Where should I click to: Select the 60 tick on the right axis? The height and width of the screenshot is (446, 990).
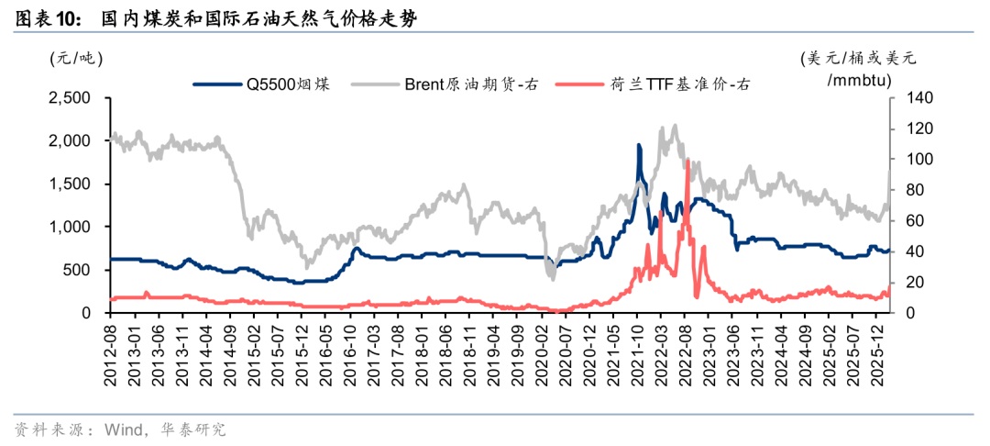coord(907,221)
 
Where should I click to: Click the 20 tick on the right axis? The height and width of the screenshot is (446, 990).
coord(907,283)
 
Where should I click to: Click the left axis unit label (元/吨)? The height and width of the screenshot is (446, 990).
coord(76,58)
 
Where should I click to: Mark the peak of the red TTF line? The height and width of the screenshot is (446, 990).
coord(687,161)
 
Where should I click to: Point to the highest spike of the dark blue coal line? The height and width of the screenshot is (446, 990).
coord(638,145)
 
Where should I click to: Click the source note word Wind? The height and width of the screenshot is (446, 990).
coord(123,429)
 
